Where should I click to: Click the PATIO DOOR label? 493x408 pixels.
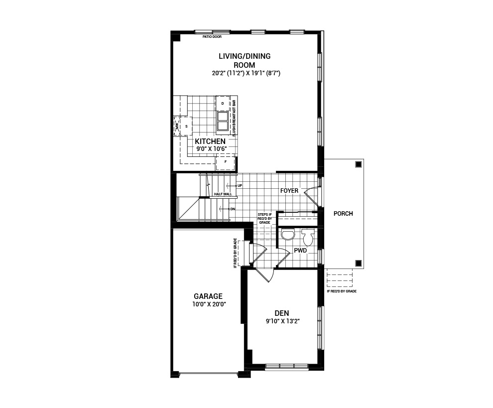coord(212,36)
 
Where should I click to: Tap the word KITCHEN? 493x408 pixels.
coord(210,141)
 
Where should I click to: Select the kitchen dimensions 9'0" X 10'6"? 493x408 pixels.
coord(210,148)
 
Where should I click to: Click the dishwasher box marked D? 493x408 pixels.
coord(222,103)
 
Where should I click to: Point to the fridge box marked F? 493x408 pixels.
coord(226,161)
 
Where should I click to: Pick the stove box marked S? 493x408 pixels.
coord(186,126)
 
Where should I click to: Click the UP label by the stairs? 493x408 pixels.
coord(240,185)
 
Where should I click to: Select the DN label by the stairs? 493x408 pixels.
coord(232,209)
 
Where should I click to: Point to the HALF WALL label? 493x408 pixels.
coord(223,194)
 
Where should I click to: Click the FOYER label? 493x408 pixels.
coord(289,191)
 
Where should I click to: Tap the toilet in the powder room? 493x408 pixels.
coord(307,238)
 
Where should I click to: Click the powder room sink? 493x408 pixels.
coord(287,235)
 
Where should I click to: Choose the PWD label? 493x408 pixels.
coord(300,251)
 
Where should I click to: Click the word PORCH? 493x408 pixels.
coord(344,214)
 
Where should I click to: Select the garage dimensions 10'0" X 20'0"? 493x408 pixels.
coord(208,304)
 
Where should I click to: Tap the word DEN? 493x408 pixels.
coord(282,313)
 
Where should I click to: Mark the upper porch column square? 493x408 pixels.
coord(358,164)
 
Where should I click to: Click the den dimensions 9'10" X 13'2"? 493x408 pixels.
coord(282,321)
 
